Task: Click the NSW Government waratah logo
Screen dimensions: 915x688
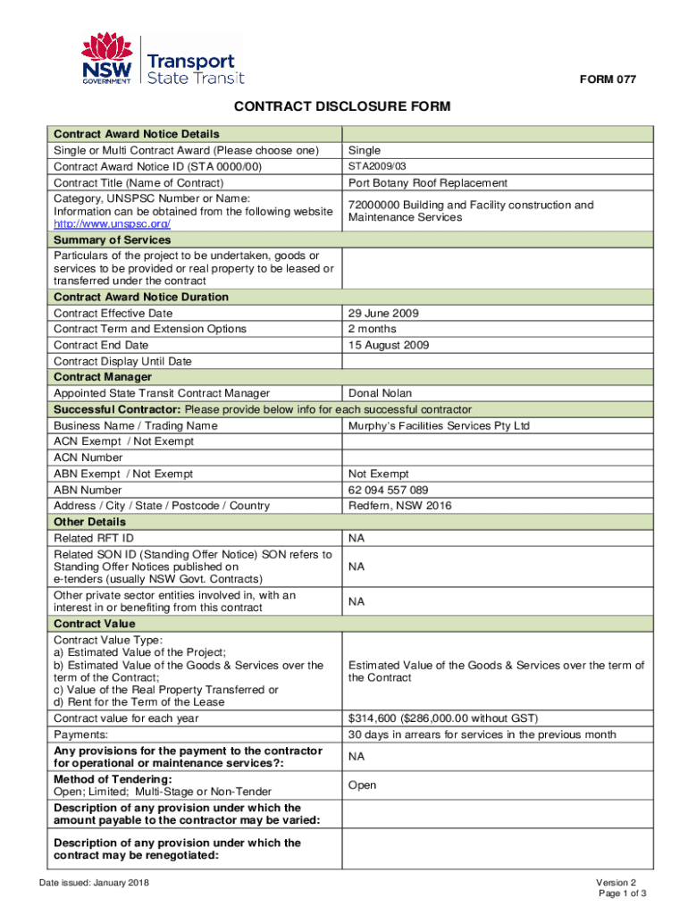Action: (x=107, y=59)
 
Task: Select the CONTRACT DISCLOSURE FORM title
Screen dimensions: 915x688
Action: (x=342, y=108)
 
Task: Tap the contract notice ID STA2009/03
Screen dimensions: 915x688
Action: (x=377, y=166)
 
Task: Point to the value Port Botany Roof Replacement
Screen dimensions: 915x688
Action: (x=428, y=183)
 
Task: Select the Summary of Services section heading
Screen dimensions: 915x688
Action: (x=112, y=240)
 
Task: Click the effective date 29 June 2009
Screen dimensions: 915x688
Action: (x=383, y=314)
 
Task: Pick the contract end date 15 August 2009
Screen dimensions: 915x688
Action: (x=389, y=345)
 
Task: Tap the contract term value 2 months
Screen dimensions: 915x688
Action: (x=373, y=329)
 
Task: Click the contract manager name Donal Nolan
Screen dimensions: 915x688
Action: (x=381, y=393)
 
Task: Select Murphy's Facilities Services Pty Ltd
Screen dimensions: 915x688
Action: (x=439, y=425)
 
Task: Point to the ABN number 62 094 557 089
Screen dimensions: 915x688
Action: (x=388, y=490)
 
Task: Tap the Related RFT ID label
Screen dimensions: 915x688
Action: (x=94, y=538)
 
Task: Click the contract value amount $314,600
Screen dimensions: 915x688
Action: (x=373, y=718)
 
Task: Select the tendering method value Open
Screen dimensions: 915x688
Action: (x=363, y=785)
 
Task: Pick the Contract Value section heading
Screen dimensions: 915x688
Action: (x=95, y=624)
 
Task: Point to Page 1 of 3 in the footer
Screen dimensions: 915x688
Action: (x=622, y=894)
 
